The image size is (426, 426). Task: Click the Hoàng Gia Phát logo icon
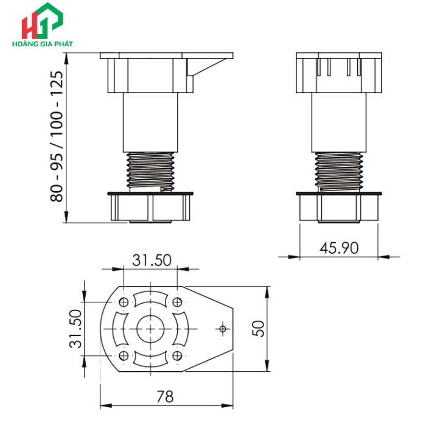pyautogui.click(x=41, y=23)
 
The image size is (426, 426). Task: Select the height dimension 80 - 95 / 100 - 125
pyautogui.click(x=57, y=137)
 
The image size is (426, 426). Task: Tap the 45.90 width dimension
pyautogui.click(x=339, y=248)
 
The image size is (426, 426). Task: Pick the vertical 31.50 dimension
pyautogui.click(x=75, y=329)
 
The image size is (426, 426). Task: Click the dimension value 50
pyautogui.click(x=258, y=329)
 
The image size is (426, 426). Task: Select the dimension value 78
pyautogui.click(x=164, y=397)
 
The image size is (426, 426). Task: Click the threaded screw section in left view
pyautogui.click(x=151, y=170)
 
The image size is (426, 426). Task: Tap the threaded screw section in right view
pyautogui.click(x=339, y=171)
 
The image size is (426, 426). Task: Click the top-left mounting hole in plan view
pyautogui.click(x=124, y=302)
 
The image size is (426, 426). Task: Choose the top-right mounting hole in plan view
pyautogui.click(x=177, y=302)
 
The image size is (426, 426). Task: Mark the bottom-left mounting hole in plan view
pyautogui.click(x=124, y=355)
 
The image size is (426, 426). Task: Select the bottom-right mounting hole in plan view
pyautogui.click(x=177, y=355)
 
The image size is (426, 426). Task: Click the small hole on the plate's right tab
pyautogui.click(x=222, y=329)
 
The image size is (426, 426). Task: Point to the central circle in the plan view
pyautogui.click(x=150, y=329)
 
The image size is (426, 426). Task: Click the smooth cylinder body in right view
pyautogui.click(x=339, y=122)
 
